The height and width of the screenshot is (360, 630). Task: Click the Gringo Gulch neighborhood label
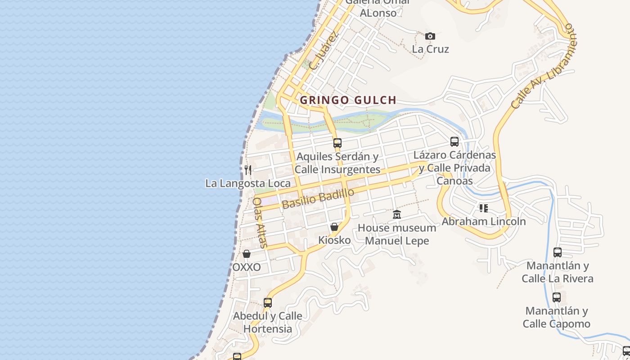point(348,100)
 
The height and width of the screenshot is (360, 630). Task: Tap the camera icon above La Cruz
point(430,36)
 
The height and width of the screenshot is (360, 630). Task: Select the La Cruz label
point(430,49)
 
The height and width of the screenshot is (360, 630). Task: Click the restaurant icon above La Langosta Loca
point(248,170)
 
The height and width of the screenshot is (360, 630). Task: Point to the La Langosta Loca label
point(248,183)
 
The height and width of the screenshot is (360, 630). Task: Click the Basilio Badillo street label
point(318,198)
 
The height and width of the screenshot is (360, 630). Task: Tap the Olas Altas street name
point(260,223)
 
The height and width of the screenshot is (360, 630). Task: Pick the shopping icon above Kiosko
point(334,227)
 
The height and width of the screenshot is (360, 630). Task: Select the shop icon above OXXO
point(246,254)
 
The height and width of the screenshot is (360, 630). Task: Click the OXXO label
point(246,267)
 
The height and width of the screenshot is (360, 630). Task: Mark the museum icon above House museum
point(396,214)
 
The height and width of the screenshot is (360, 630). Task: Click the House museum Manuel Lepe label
point(396,234)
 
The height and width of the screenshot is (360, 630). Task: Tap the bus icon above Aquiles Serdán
point(337,143)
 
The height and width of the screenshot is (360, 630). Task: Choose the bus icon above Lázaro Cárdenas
point(454,142)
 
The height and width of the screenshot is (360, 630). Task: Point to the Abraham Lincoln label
point(483,221)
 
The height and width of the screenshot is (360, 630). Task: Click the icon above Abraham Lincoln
point(483,208)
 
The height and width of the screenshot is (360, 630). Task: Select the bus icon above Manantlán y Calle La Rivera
point(558,252)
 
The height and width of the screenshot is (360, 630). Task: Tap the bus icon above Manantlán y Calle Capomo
point(557,297)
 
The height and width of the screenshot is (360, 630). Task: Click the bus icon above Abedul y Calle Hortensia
point(268,302)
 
